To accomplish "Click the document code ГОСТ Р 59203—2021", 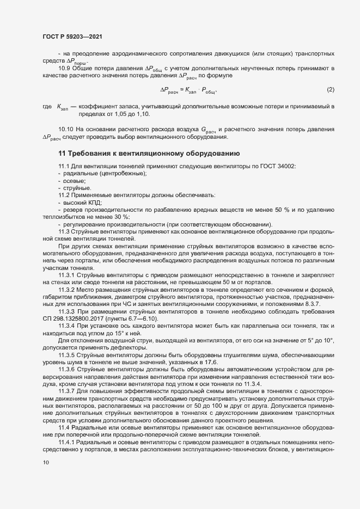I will point(71,36).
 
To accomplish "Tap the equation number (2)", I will point(330,89).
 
